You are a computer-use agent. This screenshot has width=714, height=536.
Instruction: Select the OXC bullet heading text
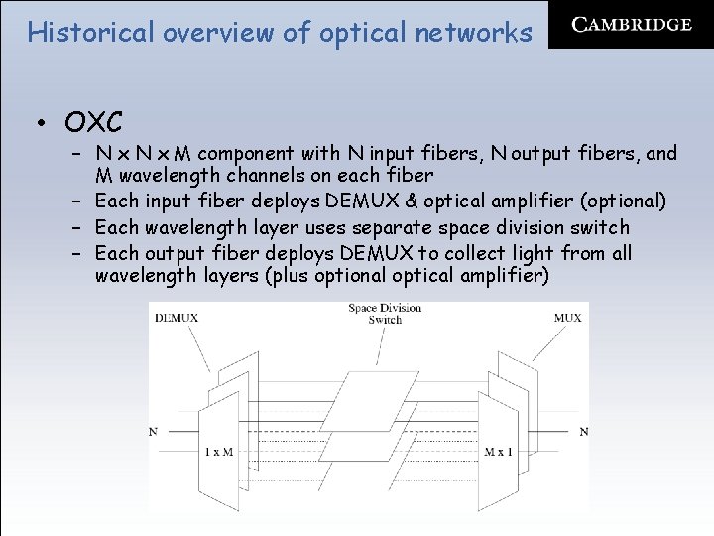coord(93,122)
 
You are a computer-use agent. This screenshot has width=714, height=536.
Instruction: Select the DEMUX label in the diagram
coord(177,318)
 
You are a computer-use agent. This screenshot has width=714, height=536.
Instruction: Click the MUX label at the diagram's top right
coord(568,318)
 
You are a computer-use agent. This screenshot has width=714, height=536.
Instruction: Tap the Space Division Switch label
coord(385,314)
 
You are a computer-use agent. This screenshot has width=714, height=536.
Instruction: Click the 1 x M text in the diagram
coord(218,452)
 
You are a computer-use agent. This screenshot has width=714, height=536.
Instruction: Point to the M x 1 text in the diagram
coord(499,452)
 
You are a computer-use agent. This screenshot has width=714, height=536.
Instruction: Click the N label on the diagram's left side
coord(153,432)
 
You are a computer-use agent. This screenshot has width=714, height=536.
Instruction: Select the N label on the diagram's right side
coord(583,432)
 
